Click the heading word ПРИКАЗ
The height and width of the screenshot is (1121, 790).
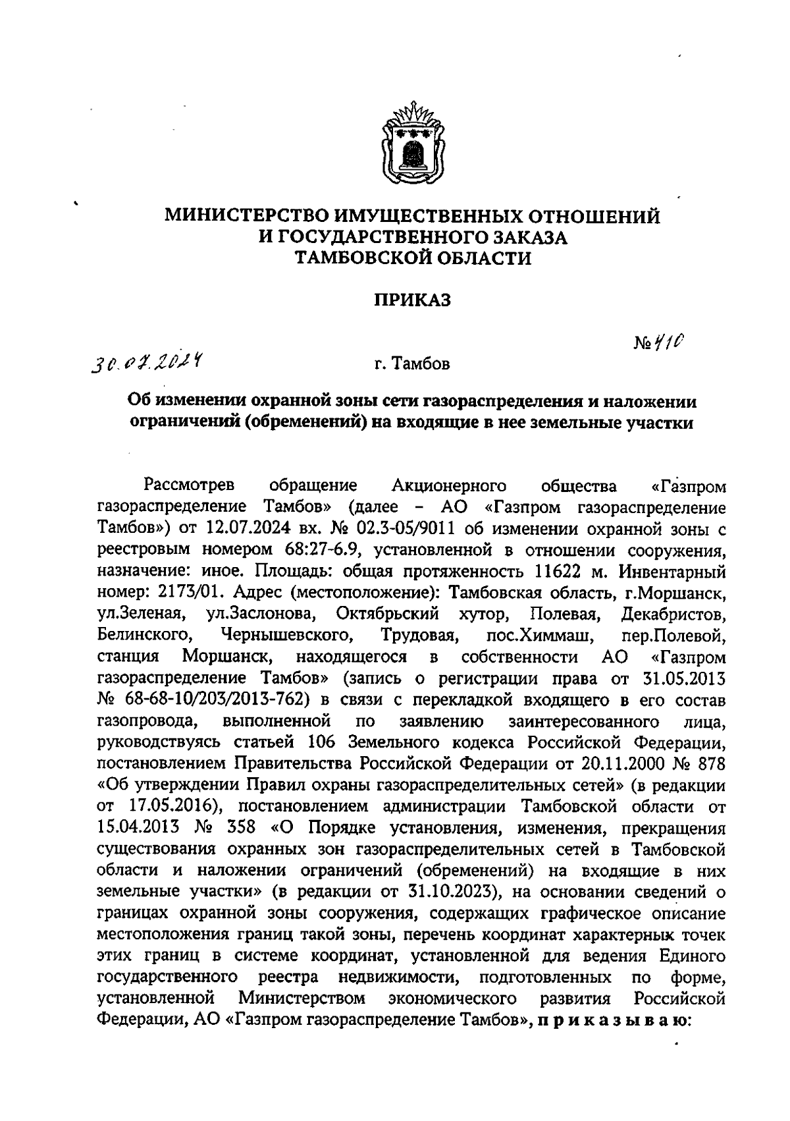coord(412,301)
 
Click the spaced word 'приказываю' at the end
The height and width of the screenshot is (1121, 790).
coord(613,1020)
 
